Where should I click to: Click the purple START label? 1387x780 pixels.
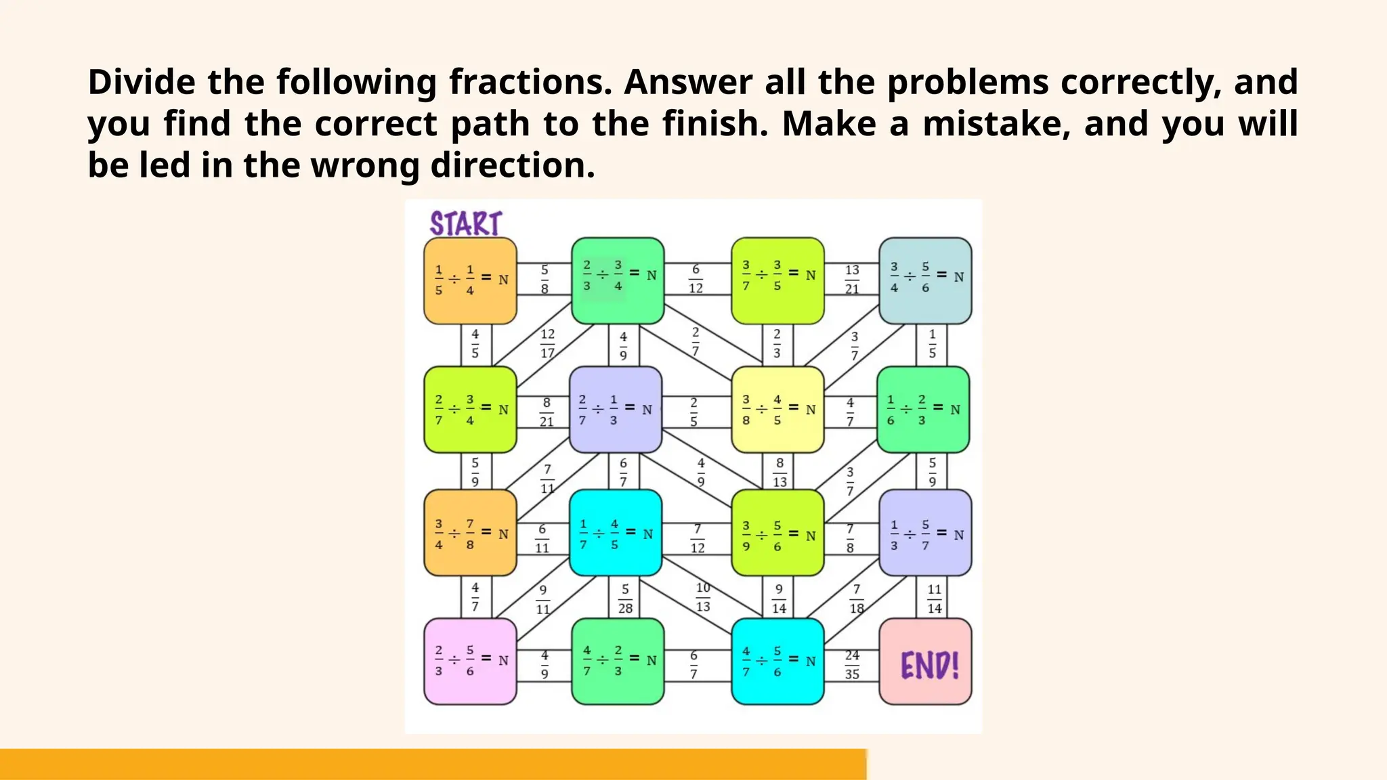tap(466, 223)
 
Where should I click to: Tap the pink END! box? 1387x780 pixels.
tap(925, 662)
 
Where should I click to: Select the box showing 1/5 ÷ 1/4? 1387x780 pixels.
tap(470, 280)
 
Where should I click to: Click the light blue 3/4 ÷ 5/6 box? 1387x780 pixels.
tap(925, 280)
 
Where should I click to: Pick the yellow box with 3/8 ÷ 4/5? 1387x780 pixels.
tap(777, 410)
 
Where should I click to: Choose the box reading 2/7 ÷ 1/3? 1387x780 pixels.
tap(615, 410)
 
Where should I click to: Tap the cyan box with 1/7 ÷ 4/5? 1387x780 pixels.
tap(615, 533)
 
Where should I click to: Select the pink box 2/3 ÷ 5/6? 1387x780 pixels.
tap(470, 661)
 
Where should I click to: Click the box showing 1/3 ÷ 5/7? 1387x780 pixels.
tap(925, 533)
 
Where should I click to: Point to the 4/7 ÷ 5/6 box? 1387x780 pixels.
tap(777, 661)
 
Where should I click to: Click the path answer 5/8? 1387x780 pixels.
tap(545, 280)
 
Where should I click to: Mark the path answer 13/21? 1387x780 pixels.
tap(852, 280)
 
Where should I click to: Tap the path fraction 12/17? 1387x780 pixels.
tap(547, 343)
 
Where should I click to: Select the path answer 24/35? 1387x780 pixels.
tap(852, 664)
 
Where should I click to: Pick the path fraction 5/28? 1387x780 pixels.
tap(625, 599)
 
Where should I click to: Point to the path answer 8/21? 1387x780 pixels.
tap(547, 412)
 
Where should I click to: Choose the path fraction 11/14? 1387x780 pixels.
tap(935, 599)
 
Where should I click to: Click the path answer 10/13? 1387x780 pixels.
tap(703, 597)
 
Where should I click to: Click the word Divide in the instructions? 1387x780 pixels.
tap(142, 82)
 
